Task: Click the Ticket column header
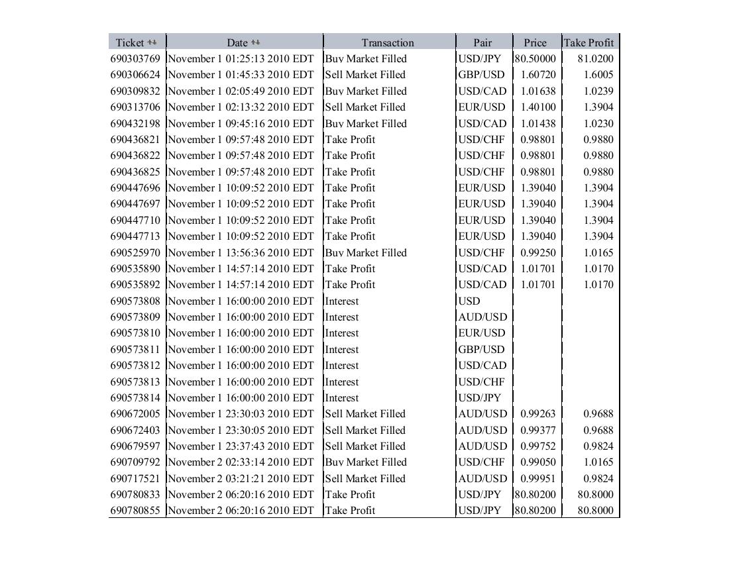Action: coord(130,42)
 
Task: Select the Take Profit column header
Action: coord(589,42)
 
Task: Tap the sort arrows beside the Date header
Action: coord(256,42)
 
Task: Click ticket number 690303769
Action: coord(135,58)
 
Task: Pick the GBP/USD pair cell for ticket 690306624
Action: coord(481,75)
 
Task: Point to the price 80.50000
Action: coord(535,58)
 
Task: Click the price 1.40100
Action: coord(538,107)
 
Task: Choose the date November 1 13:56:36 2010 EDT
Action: coord(241,252)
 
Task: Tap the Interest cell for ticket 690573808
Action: coord(342,301)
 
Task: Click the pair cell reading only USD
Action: coord(469,301)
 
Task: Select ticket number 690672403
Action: coord(135,430)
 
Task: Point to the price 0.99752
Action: coord(538,446)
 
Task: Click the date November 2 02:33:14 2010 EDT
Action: coord(241,462)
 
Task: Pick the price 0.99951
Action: coord(538,478)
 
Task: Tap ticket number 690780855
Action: coord(135,510)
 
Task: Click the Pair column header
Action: coord(482,42)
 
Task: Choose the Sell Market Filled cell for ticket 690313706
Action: coord(365,107)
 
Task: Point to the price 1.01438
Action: coord(538,123)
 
